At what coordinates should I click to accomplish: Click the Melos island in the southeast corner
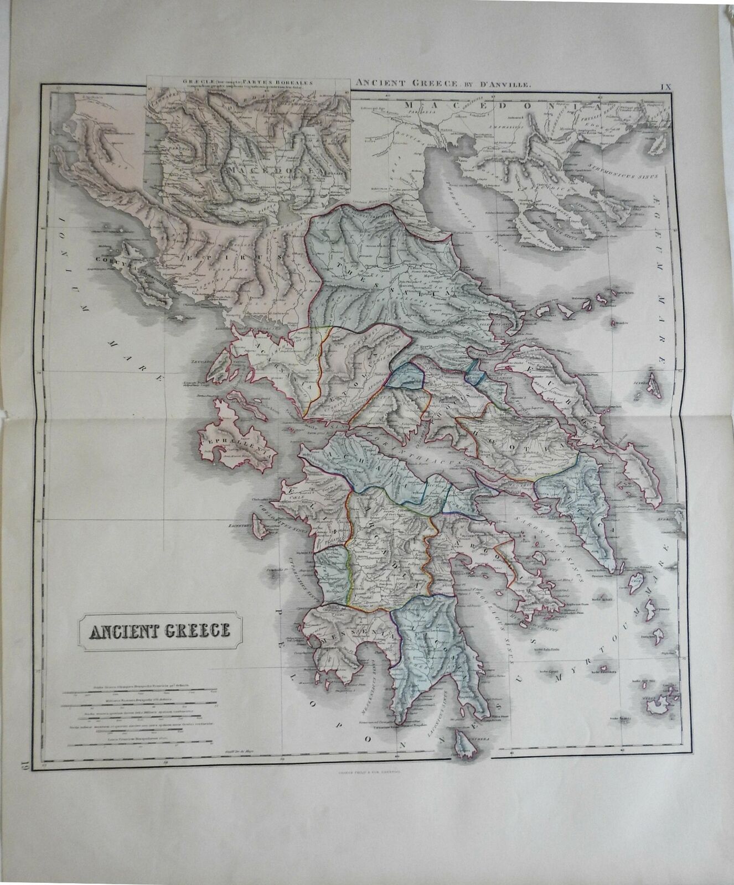[x=659, y=703]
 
